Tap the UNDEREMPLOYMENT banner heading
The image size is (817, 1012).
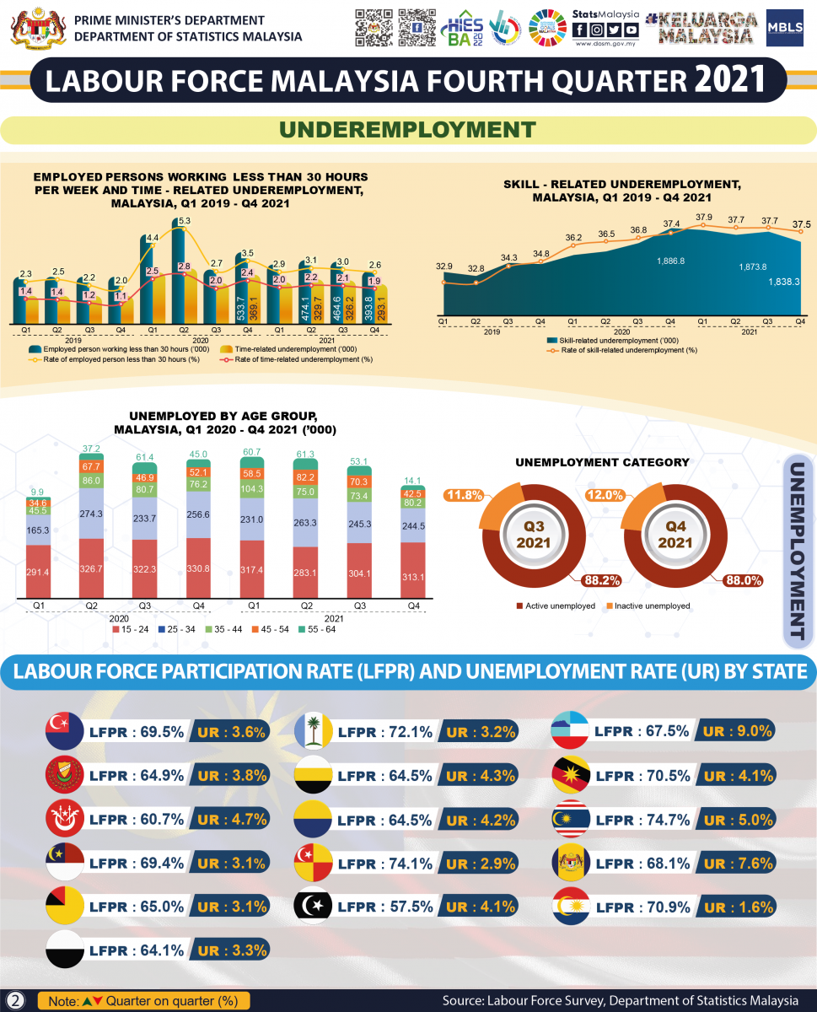pyautogui.click(x=408, y=129)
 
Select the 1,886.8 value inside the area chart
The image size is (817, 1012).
pyautogui.click(x=671, y=261)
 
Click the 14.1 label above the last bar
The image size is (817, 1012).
pyautogui.click(x=414, y=482)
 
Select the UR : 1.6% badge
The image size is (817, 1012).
pyautogui.click(x=738, y=907)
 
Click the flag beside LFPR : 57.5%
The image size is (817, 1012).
pyautogui.click(x=314, y=907)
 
